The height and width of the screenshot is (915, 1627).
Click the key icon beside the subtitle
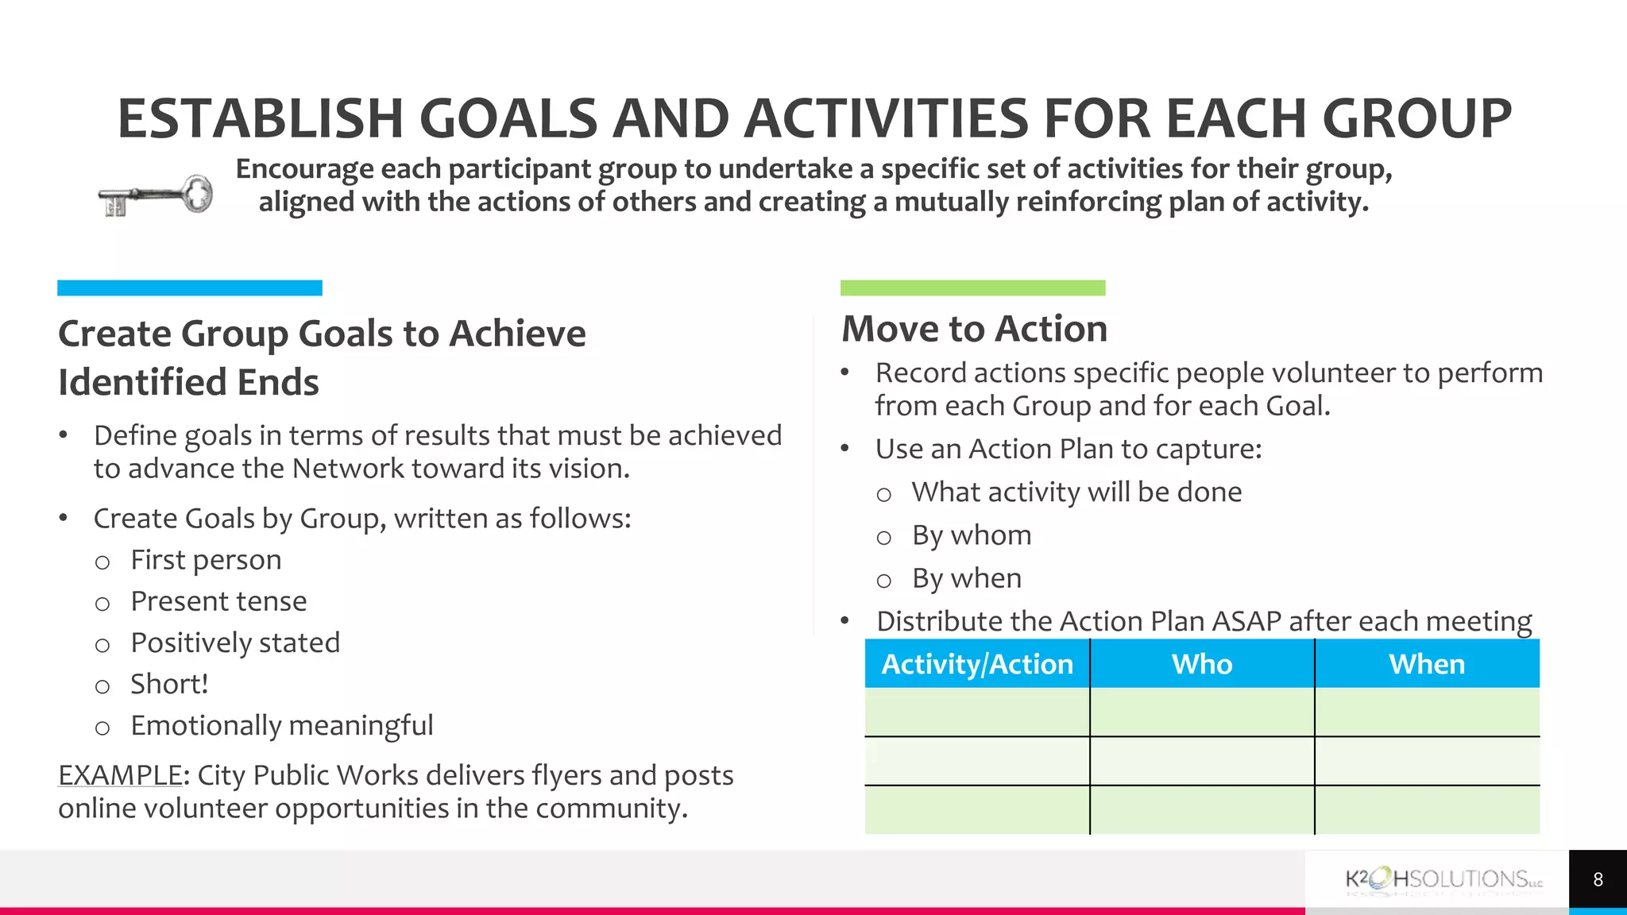pos(156,195)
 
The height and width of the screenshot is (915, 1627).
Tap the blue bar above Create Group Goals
pos(189,288)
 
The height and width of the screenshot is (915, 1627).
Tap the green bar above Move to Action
pos(972,288)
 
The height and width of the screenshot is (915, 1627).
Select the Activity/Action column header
pos(977,664)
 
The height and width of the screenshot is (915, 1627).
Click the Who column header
pos(1202,664)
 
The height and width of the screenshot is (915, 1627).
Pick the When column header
pos(1427,664)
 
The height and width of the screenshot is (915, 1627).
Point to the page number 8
pos(1598,879)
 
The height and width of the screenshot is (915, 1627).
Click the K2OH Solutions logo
pos(1443,880)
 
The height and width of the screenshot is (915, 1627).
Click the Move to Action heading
pos(974,329)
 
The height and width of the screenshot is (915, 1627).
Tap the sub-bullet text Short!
pos(169,684)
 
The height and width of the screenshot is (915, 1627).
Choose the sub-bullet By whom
pos(972,535)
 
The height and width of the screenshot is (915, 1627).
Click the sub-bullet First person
pos(206,560)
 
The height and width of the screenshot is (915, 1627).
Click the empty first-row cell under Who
pos(1202,712)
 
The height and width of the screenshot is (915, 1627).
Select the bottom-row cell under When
pos(1427,809)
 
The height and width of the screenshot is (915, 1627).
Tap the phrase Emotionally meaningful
pos(281,725)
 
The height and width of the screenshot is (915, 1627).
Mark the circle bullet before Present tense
pos(102,604)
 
